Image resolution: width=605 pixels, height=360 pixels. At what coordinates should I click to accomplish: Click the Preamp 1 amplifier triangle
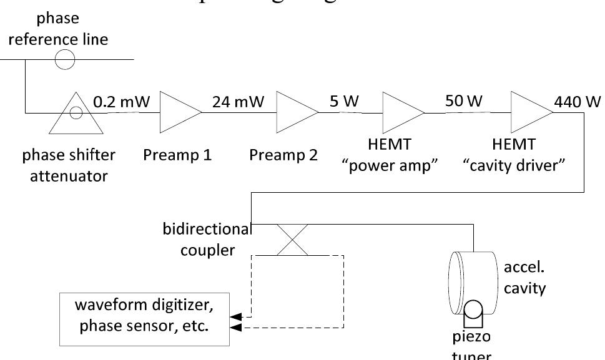178,112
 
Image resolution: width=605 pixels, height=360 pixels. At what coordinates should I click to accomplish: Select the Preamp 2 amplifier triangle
295,112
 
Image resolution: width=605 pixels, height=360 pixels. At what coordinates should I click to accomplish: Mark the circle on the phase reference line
65,60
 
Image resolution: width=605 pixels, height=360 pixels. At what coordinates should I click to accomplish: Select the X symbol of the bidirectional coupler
293,240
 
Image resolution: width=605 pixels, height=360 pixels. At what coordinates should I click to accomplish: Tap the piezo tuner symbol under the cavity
476,312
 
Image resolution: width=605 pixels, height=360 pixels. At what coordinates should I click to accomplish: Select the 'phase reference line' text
67,31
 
